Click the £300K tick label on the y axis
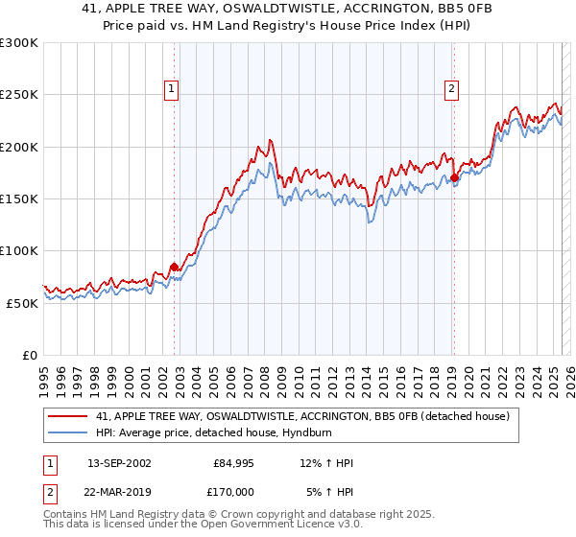[19, 43]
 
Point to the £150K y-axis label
[19, 198]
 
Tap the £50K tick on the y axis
[22, 302]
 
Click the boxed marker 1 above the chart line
[171, 89]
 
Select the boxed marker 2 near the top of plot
[451, 89]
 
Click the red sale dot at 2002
[174, 267]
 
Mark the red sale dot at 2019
[454, 177]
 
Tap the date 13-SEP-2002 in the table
[119, 463]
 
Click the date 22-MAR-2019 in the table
[119, 490]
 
